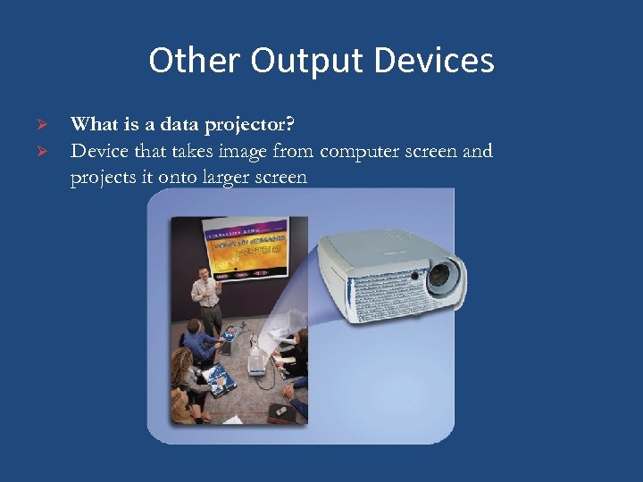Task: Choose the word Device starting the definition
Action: click(98, 151)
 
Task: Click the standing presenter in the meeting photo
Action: click(206, 299)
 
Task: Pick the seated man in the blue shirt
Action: click(200, 345)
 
